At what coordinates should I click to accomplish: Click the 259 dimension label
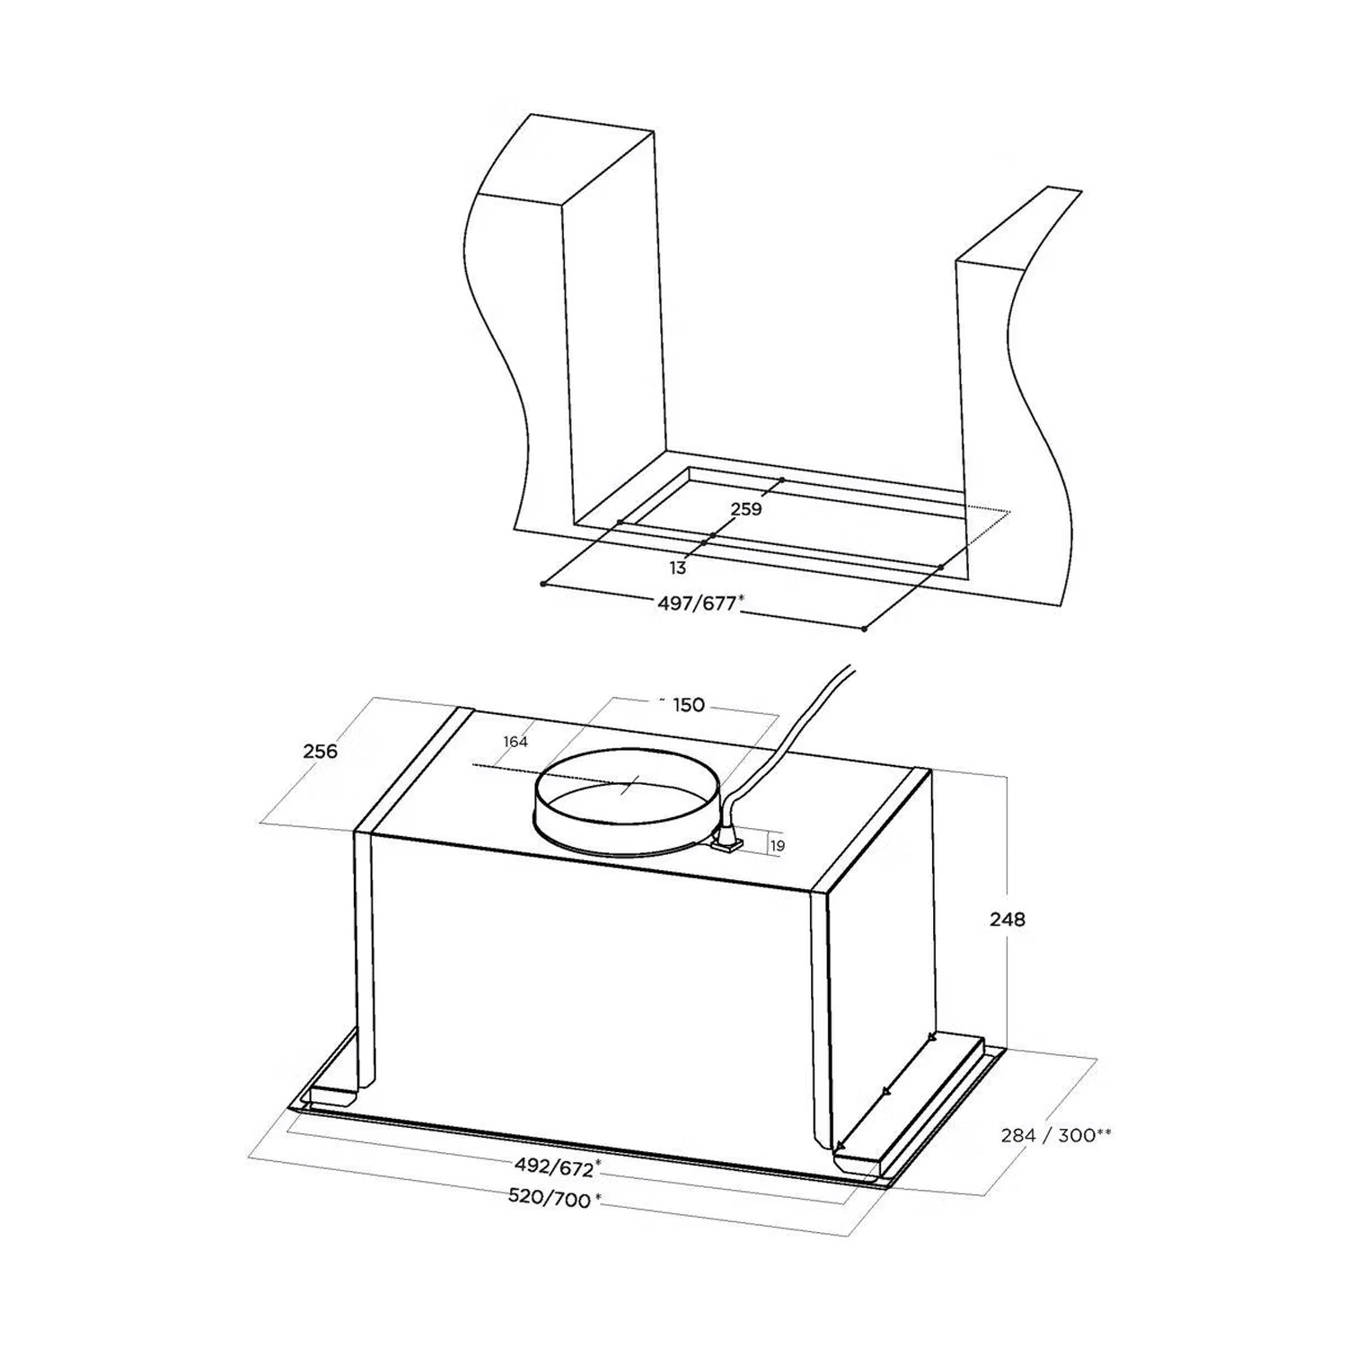coord(746,509)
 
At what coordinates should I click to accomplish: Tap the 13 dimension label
coord(678,568)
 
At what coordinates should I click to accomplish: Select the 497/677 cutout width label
coord(697,603)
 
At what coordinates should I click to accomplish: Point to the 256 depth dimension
coord(320,751)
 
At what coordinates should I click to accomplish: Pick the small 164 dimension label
coord(515,742)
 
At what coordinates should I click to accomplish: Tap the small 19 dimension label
coord(778,846)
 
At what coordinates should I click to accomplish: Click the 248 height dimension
coord(1007,920)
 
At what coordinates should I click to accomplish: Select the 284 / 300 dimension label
coord(1056,1135)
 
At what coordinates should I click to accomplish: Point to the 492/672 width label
coord(557,1167)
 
